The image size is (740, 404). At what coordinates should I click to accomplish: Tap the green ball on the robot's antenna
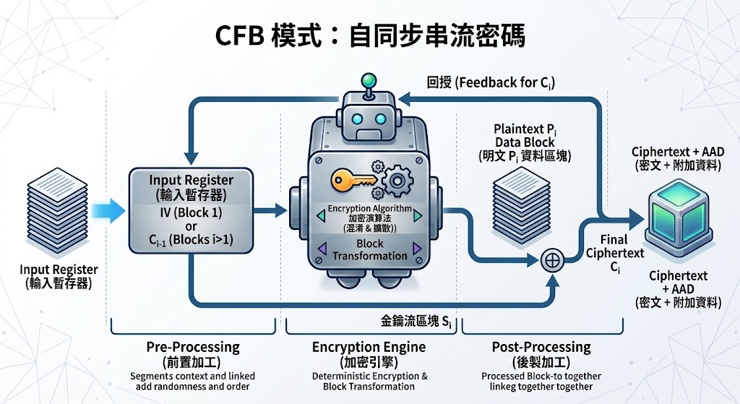[x=368, y=79]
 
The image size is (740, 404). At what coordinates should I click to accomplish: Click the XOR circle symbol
[x=551, y=260]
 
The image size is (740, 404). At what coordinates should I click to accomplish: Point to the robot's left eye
[x=358, y=119]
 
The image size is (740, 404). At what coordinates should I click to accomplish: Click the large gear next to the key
[x=397, y=180]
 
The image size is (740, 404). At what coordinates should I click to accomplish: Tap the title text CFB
[x=239, y=36]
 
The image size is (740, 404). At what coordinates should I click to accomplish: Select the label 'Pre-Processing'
[x=193, y=348]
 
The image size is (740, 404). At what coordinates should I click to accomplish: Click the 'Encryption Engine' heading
[x=369, y=348]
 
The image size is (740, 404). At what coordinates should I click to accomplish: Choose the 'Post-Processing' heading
[x=541, y=348]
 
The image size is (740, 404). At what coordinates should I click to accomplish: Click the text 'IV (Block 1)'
[x=191, y=212]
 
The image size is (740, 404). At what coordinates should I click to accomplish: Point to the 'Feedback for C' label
[x=504, y=83]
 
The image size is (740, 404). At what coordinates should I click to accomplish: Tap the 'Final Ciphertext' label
[x=615, y=246]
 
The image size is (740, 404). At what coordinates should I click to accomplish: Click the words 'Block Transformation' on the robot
[x=369, y=250]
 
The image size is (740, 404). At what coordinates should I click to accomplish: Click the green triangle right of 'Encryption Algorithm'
[x=418, y=216]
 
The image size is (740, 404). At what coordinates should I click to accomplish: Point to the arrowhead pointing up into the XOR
[x=551, y=280]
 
